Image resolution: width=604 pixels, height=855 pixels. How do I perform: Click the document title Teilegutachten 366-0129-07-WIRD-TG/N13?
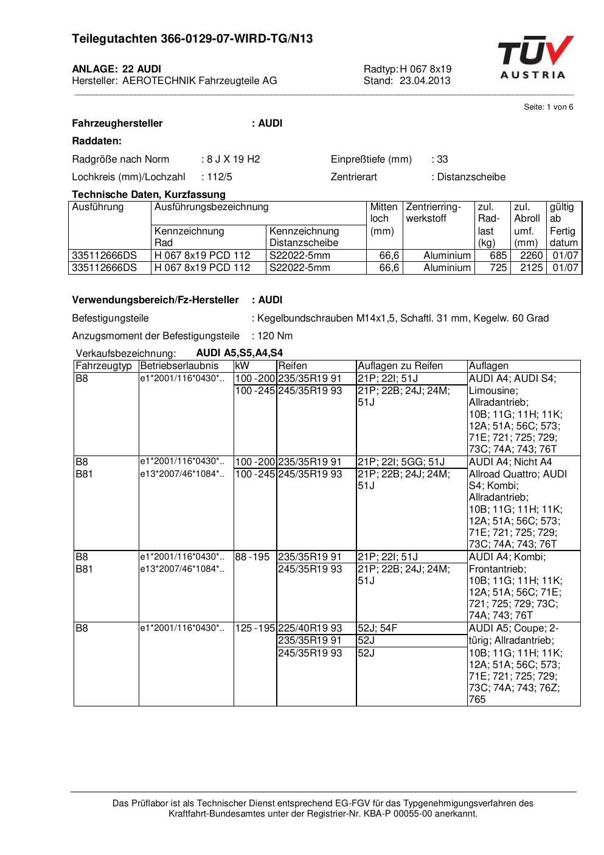pos(192,39)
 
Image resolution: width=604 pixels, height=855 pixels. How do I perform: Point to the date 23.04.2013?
pos(425,80)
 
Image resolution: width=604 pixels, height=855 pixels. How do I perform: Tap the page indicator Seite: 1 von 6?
pos(548,107)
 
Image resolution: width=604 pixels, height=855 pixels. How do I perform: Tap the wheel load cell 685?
pos(498,256)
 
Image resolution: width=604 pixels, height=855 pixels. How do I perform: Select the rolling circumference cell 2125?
pos(531,268)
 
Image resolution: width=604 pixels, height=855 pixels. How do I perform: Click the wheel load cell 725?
pos(498,268)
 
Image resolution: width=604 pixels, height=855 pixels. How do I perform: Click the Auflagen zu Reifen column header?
pos(400,366)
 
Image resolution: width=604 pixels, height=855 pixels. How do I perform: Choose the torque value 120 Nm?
pos(275,336)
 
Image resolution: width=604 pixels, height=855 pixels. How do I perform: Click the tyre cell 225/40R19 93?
pos(310,628)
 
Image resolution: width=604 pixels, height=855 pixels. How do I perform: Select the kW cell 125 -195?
pos(255,628)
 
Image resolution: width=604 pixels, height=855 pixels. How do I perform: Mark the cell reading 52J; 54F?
pos(377,628)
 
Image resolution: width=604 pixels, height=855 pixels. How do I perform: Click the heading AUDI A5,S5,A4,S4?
pos(239,353)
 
